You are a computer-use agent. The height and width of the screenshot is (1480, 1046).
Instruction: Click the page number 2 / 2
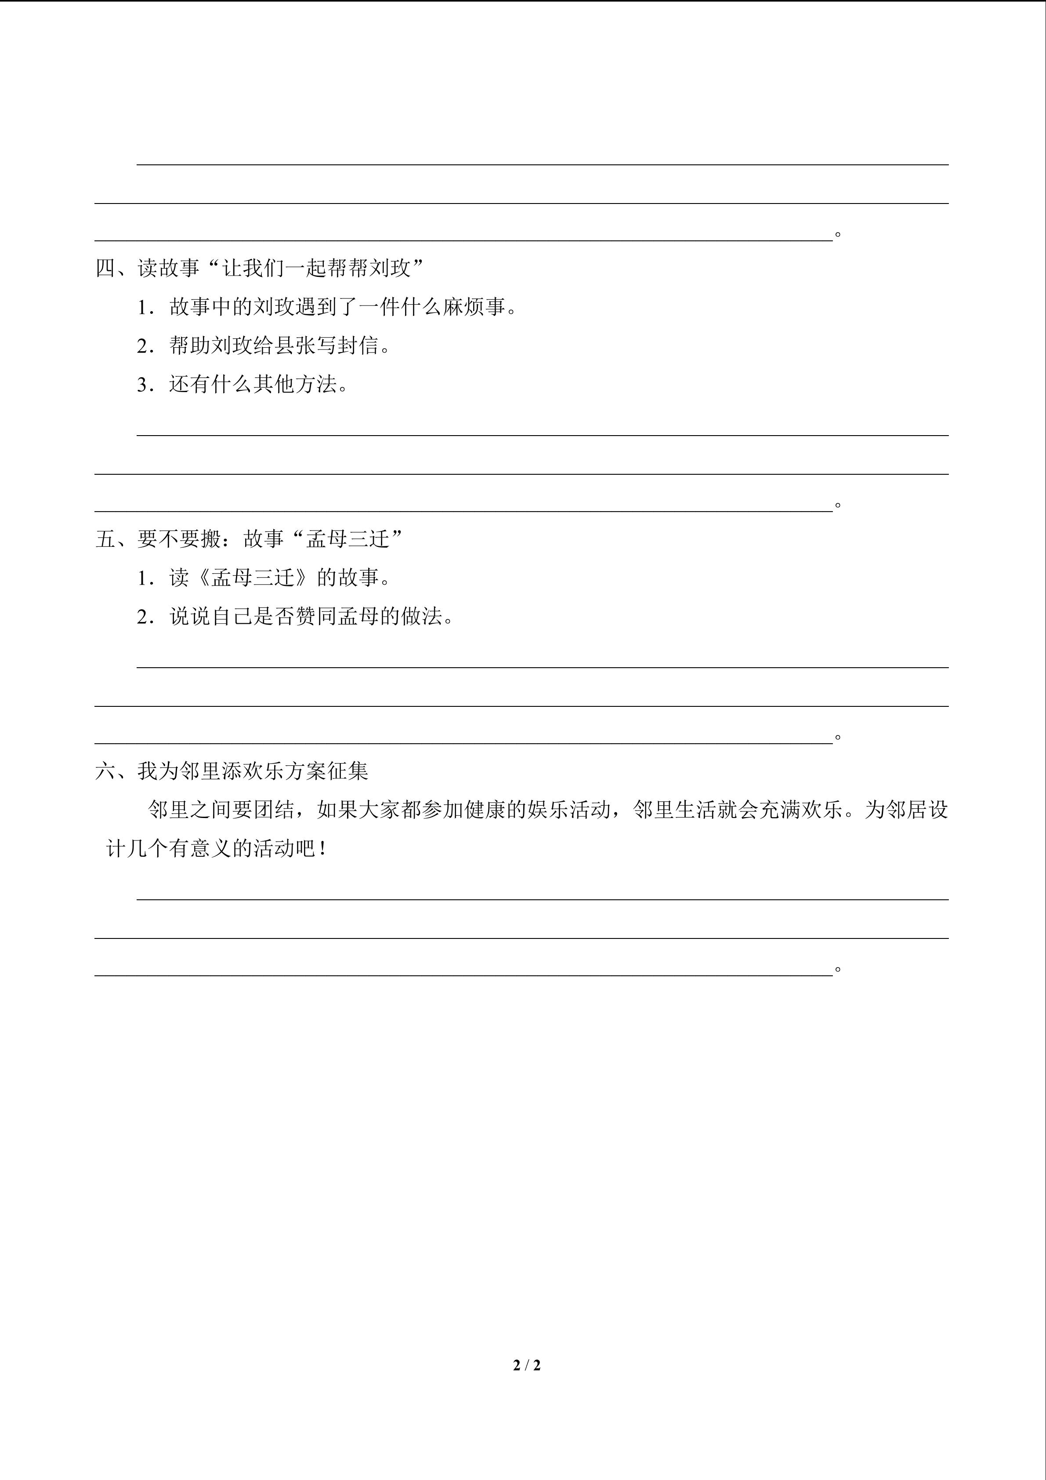click(526, 1365)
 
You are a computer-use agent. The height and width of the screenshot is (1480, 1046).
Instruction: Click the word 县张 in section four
click(296, 345)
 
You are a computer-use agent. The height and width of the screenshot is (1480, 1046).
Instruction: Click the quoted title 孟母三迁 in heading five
click(348, 539)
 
